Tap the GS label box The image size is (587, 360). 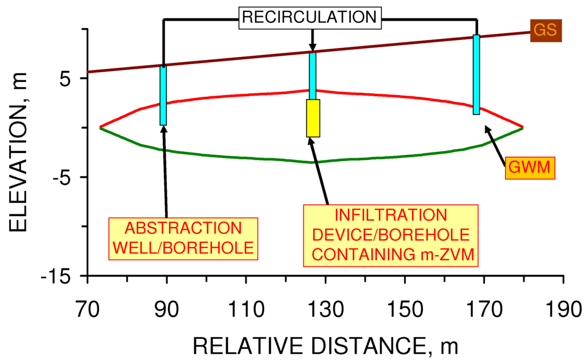pyautogui.click(x=546, y=30)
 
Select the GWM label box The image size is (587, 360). pyautogui.click(x=530, y=169)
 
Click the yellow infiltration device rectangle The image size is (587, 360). pyautogui.click(x=313, y=118)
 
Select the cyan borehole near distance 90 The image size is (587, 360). pyautogui.click(x=163, y=96)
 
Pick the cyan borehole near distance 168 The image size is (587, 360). pyautogui.click(x=476, y=75)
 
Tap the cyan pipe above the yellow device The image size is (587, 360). pyautogui.click(x=312, y=76)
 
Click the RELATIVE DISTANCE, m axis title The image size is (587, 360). pyautogui.click(x=325, y=345)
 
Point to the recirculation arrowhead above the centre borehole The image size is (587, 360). pyautogui.click(x=312, y=47)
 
